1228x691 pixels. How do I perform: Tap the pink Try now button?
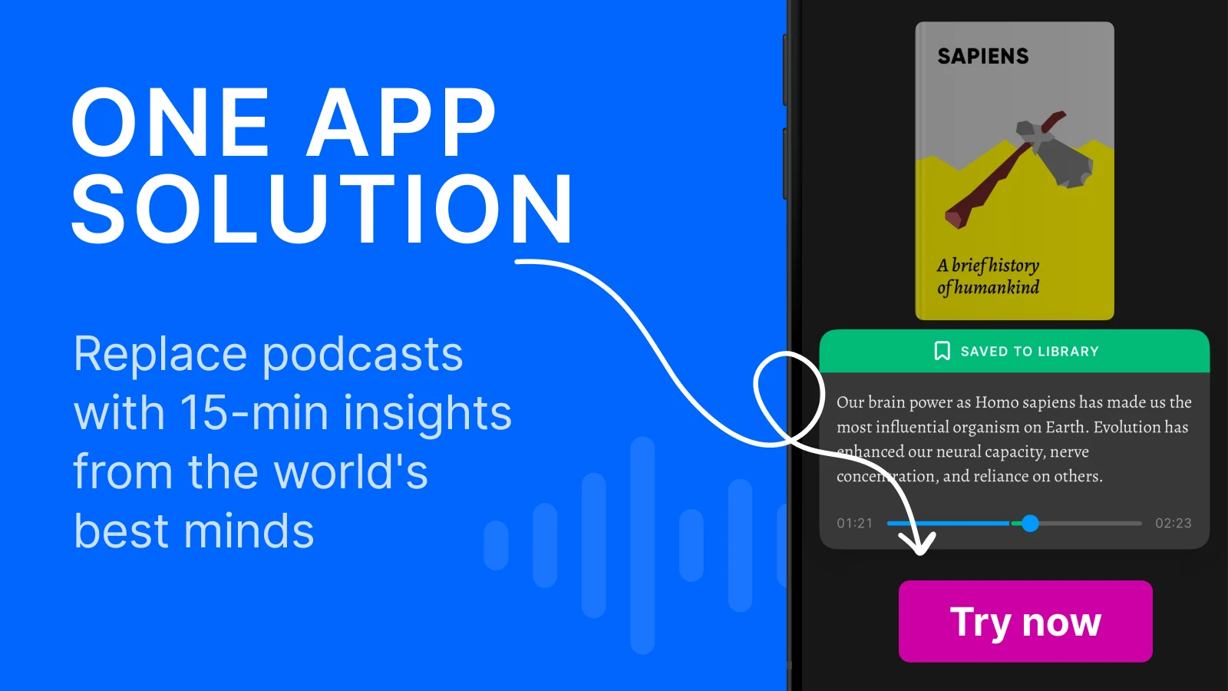tap(1025, 621)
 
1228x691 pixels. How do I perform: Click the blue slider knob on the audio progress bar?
tap(1030, 523)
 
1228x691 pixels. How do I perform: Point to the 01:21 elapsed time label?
tap(855, 523)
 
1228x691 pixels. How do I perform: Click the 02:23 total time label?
tap(1174, 523)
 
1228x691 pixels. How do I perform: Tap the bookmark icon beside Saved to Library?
tap(942, 351)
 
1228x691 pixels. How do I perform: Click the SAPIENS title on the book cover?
tap(983, 56)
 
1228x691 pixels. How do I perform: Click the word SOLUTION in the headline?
tap(322, 209)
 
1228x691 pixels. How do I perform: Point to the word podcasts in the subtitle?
tap(363, 355)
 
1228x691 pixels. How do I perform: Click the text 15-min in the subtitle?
tap(254, 413)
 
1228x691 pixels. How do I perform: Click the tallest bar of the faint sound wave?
tap(642, 545)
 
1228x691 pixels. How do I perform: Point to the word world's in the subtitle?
tap(350, 471)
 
